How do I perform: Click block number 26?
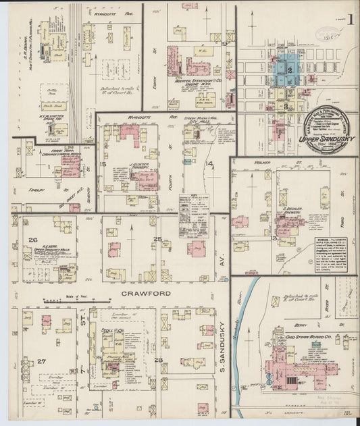32,240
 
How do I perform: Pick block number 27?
41,361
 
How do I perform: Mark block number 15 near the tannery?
103,164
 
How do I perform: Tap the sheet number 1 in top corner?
353,20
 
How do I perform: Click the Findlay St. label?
27,190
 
